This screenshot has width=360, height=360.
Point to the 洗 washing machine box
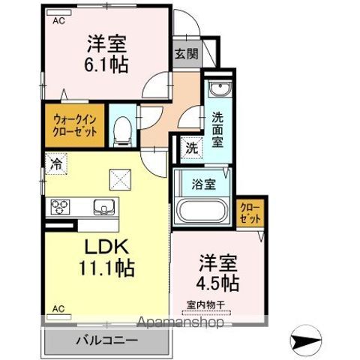[x=192, y=148]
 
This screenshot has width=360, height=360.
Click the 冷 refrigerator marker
[x=56, y=160]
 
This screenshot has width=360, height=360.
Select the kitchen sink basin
[x=101, y=205]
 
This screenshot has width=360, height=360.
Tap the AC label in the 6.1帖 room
[x=58, y=22]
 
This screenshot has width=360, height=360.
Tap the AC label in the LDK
[x=58, y=307]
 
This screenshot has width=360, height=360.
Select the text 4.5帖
[x=219, y=283]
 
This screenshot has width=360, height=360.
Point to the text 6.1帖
[x=105, y=64]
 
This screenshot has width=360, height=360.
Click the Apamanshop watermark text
[x=179, y=323]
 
